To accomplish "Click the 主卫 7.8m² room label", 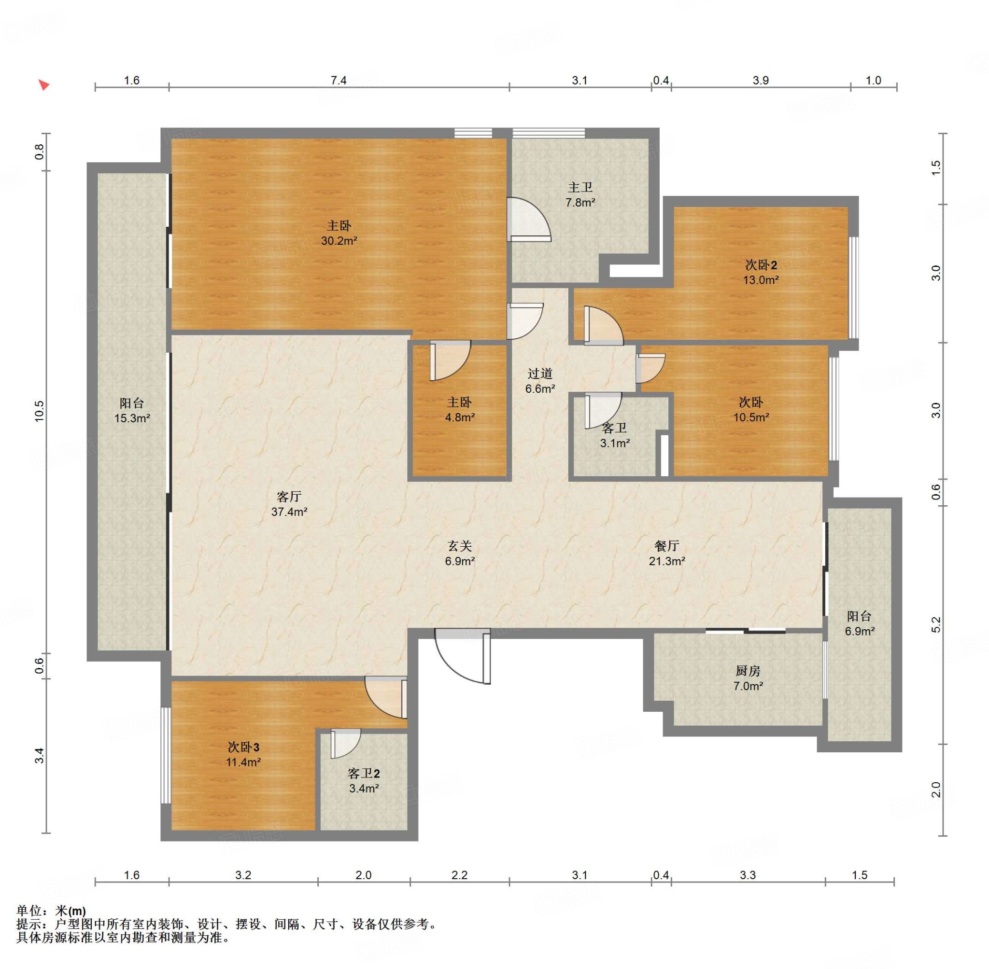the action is tap(580, 195).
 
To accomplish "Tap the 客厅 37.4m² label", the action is tap(289, 504).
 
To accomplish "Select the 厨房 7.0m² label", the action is tap(748, 678).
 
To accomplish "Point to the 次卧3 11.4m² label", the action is tap(243, 754).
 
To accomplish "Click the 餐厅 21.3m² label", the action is tap(666, 553).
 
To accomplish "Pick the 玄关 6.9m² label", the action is tap(459, 553).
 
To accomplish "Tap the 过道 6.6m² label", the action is tap(540, 381).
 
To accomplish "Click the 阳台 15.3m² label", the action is tap(132, 411).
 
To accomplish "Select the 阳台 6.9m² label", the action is tap(860, 623).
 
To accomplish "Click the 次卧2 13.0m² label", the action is tap(761, 272).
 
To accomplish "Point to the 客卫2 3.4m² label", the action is tap(364, 781).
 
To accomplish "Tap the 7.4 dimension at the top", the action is tap(338, 81).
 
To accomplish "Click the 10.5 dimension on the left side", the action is tap(40, 411).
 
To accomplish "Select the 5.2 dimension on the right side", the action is tap(936, 625).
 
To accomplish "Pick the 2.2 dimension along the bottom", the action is tap(459, 875).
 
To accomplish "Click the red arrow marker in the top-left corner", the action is tap(44, 84).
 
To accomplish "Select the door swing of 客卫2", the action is tap(346, 744).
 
